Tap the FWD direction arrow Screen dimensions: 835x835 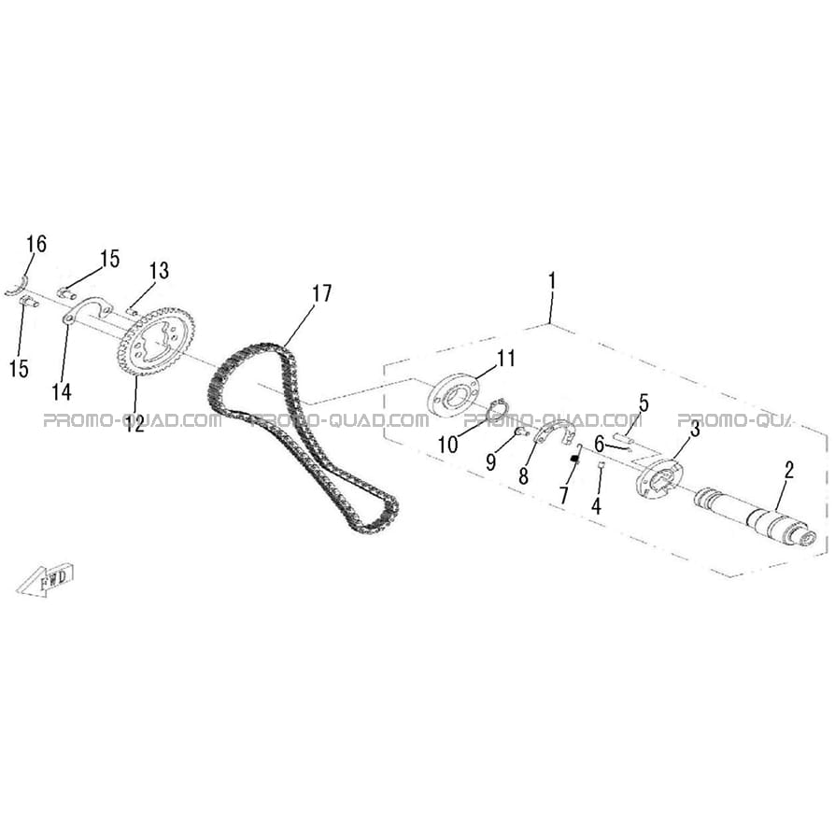45,579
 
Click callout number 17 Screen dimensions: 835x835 321,293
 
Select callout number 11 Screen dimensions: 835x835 506,359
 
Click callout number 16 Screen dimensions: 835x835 36,244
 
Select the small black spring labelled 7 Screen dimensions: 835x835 574,459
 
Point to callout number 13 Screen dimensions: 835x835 159,271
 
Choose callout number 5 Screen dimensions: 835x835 644,403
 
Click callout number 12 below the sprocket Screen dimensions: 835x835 134,424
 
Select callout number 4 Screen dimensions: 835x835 597,505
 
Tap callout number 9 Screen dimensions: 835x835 490,461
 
